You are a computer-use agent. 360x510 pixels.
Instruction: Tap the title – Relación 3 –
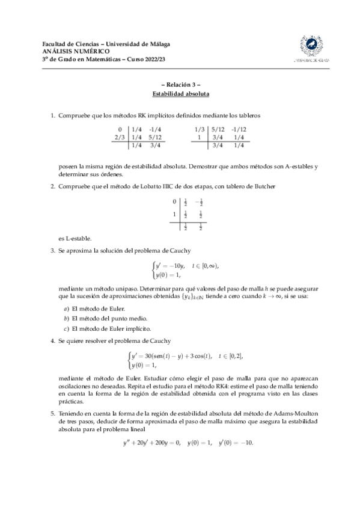coord(180,86)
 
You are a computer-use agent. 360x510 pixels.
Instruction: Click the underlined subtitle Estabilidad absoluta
coord(180,94)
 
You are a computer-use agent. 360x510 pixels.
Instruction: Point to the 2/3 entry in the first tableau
coord(119,137)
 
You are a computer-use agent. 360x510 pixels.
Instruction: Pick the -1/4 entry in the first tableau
coord(156,129)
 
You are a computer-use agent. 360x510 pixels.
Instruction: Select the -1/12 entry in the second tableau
coord(239,129)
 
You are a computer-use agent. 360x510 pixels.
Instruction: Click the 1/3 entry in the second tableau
coord(200,129)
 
